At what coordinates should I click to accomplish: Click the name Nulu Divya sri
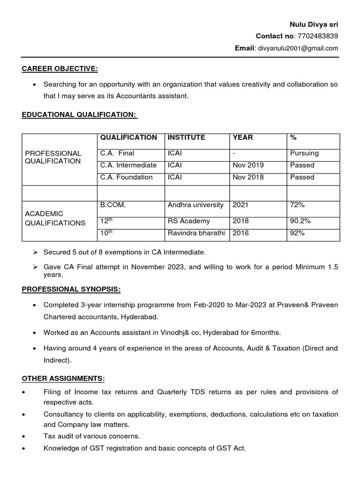(x=313, y=24)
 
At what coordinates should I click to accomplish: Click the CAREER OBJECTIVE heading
(x=60, y=69)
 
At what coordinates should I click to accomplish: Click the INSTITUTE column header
(x=186, y=137)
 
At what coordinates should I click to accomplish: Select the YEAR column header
(x=242, y=137)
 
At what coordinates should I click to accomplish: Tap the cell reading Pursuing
(x=304, y=153)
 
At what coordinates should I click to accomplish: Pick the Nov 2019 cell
(x=248, y=165)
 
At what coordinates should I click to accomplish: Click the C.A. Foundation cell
(x=126, y=177)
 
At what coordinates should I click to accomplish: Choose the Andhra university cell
(x=195, y=205)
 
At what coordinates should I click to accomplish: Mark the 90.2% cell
(x=300, y=221)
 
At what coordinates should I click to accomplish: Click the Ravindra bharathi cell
(x=196, y=233)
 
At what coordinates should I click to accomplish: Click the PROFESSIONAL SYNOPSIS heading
(x=71, y=289)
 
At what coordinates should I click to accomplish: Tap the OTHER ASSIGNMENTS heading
(x=63, y=378)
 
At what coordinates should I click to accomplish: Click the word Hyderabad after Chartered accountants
(x=140, y=317)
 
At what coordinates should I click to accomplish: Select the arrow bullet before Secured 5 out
(x=35, y=252)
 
